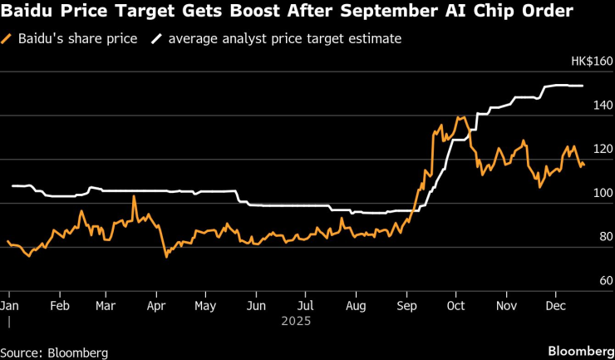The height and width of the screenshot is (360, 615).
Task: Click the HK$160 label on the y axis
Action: (591, 62)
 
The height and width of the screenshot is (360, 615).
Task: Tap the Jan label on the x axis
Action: (9, 305)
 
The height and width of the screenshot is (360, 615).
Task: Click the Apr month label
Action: (155, 305)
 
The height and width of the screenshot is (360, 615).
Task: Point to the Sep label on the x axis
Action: (407, 305)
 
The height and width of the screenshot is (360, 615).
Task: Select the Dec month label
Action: (556, 305)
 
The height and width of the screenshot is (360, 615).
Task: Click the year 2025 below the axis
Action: (296, 319)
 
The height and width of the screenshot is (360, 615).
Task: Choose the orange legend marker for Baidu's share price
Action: (7, 38)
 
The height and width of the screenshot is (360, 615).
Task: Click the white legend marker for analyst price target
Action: (156, 38)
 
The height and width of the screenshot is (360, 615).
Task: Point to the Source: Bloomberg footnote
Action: (54, 353)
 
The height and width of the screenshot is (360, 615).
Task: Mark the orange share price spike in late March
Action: (134, 196)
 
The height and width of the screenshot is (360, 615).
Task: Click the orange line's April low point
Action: (166, 257)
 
